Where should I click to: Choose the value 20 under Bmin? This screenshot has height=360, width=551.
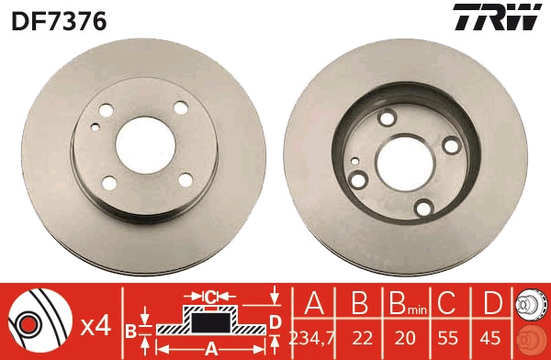403,336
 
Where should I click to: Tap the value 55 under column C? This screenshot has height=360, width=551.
447,336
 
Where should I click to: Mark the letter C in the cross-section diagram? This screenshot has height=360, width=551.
209,296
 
